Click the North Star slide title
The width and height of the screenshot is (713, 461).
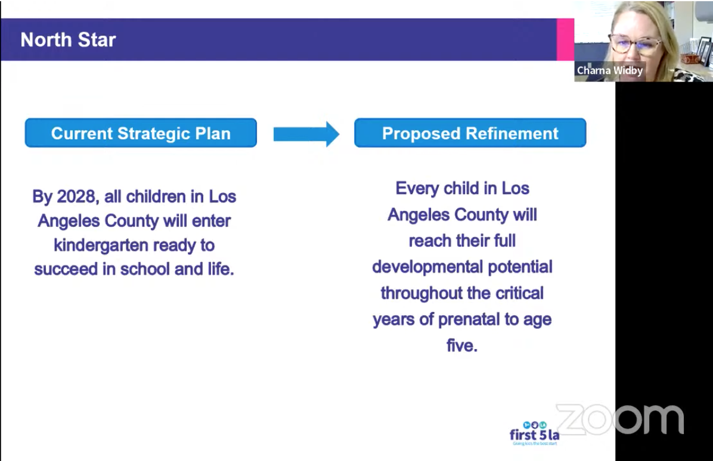[x=68, y=40]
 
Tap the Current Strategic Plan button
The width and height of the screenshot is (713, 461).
[x=141, y=133]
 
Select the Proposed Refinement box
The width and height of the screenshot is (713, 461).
[x=470, y=133]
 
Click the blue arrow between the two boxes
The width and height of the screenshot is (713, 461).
[x=306, y=134]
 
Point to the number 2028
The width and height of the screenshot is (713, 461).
[x=76, y=197]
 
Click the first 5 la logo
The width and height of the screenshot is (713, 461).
[x=534, y=433]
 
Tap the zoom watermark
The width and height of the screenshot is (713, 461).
[x=620, y=419]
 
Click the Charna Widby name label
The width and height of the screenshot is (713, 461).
[x=610, y=70]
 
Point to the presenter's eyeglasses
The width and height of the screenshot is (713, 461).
[x=635, y=45]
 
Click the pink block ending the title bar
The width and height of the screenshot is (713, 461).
[x=565, y=39]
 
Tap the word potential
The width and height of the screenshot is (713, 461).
[x=520, y=267]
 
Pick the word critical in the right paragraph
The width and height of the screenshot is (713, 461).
[x=520, y=294]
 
